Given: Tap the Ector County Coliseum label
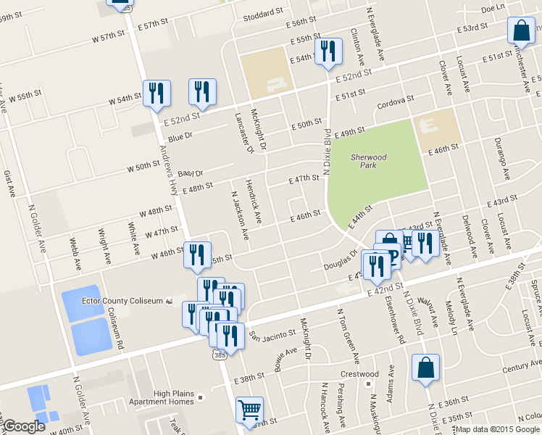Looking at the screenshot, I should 122,301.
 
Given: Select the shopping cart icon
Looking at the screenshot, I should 249,410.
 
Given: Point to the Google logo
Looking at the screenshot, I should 24,426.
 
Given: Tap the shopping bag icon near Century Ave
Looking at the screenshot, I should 425,368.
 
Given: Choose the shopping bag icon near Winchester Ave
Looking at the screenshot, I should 522,30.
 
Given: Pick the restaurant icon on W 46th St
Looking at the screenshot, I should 196,254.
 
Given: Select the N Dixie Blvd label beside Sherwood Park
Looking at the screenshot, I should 328,152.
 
